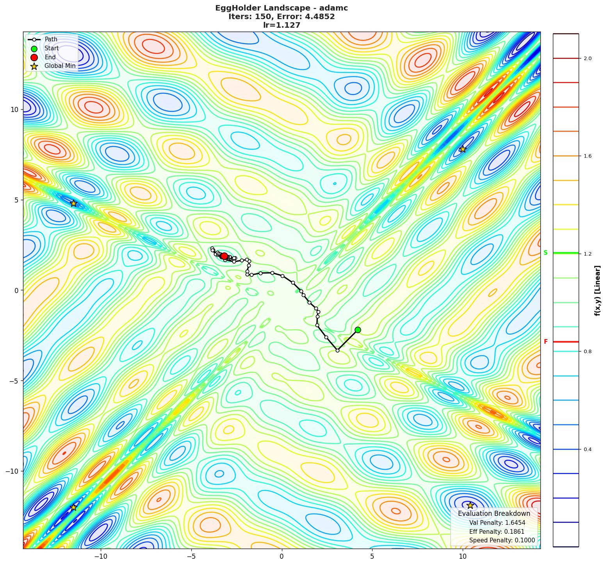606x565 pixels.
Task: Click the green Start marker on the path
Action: pos(358,330)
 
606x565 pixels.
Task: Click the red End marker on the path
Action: pos(224,256)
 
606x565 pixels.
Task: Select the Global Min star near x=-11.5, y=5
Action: pos(73,203)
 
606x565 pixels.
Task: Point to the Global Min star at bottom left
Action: pos(73,507)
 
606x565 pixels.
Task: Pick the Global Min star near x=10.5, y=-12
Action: pos(470,505)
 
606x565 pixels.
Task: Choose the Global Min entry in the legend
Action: pos(60,66)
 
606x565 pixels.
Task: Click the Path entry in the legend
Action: pos(51,39)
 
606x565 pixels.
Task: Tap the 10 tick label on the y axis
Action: pos(14,109)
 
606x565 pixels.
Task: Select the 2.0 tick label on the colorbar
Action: pos(587,59)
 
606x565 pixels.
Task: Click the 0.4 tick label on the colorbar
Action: pos(587,450)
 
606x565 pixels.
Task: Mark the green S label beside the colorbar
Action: pos(545,253)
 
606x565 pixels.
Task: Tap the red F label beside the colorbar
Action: pos(545,342)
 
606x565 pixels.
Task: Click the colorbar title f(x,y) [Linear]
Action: pos(598,290)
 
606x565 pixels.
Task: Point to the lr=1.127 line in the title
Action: pos(282,25)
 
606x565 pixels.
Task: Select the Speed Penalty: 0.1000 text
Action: pos(502,540)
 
